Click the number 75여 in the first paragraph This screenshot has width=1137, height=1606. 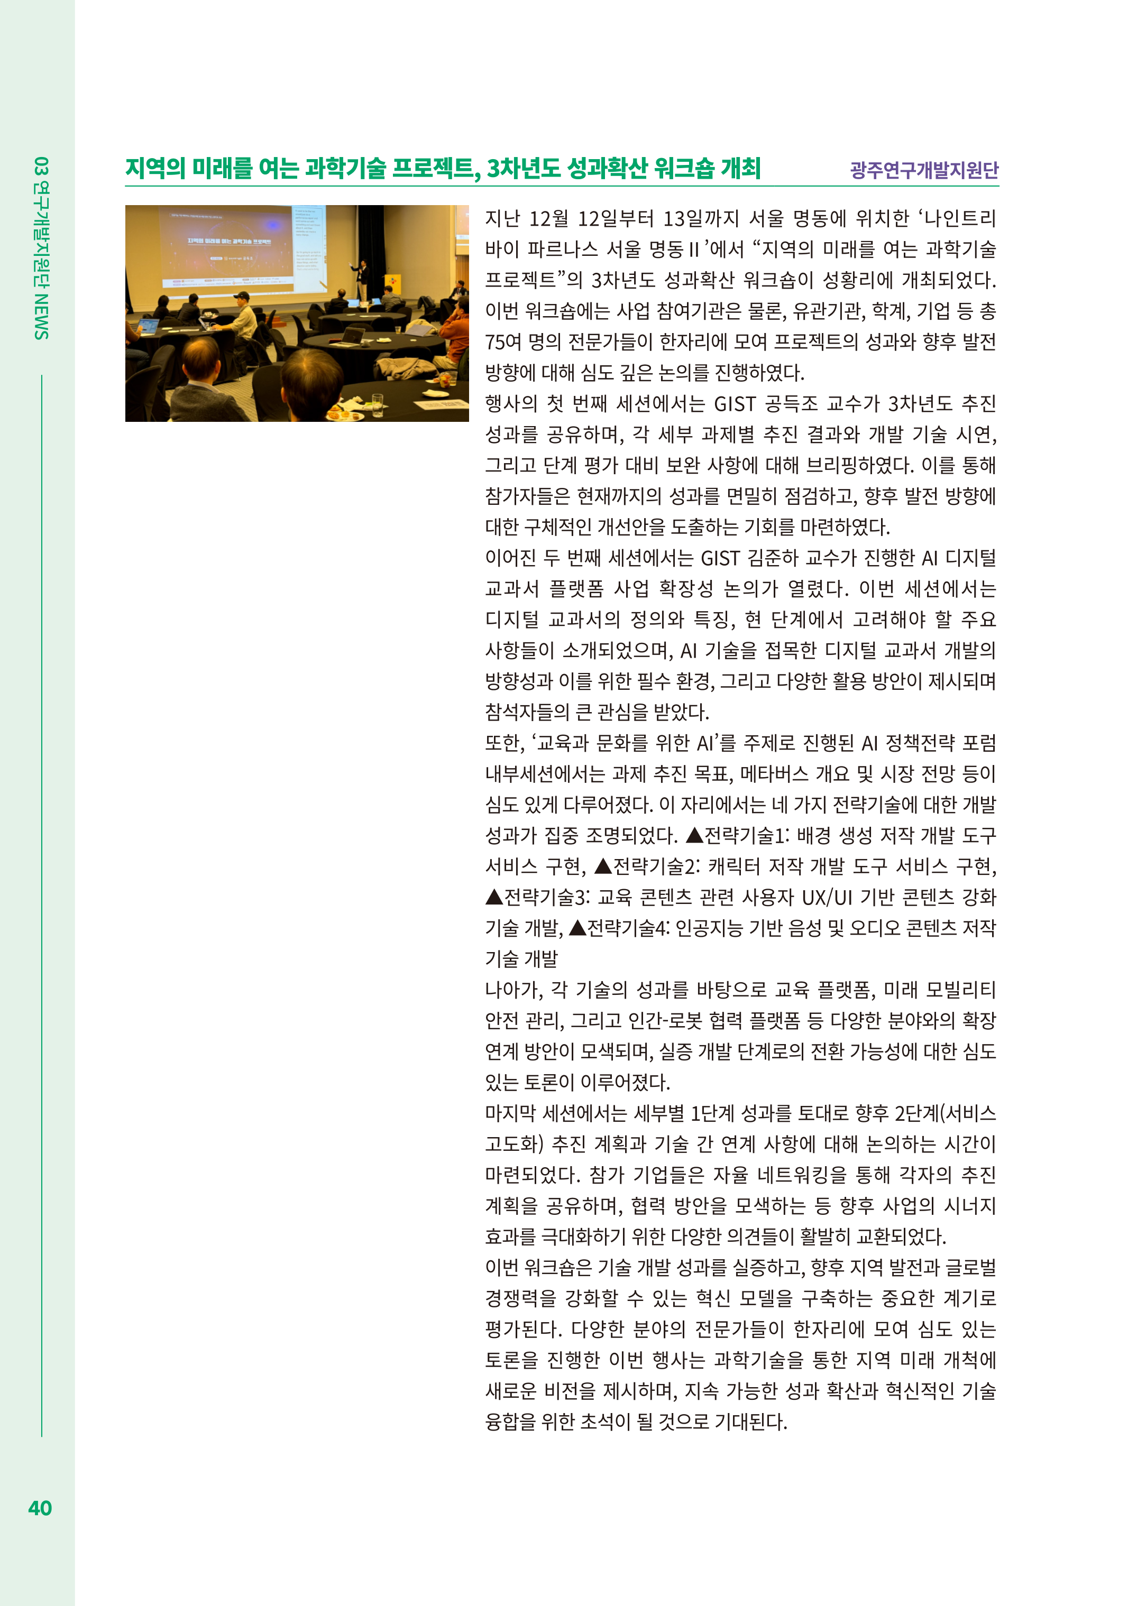(503, 342)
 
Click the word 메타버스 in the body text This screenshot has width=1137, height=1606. (776, 774)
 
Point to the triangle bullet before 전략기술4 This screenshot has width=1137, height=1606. (577, 928)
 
